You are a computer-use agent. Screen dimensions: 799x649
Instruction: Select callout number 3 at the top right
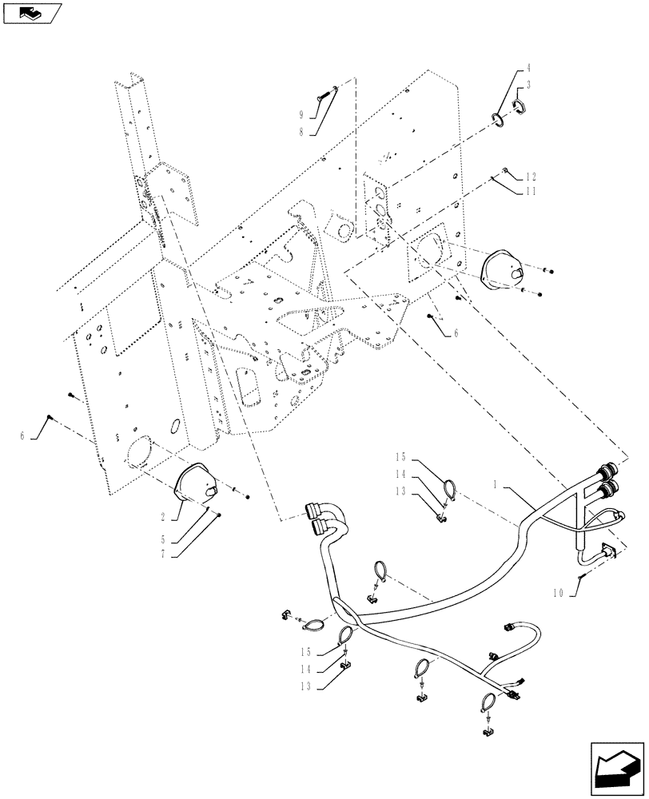(x=529, y=84)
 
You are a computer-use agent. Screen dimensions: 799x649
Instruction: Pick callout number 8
(x=302, y=131)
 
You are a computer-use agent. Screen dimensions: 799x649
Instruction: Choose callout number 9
(x=302, y=113)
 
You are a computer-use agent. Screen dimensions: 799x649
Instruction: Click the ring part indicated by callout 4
(x=497, y=120)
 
